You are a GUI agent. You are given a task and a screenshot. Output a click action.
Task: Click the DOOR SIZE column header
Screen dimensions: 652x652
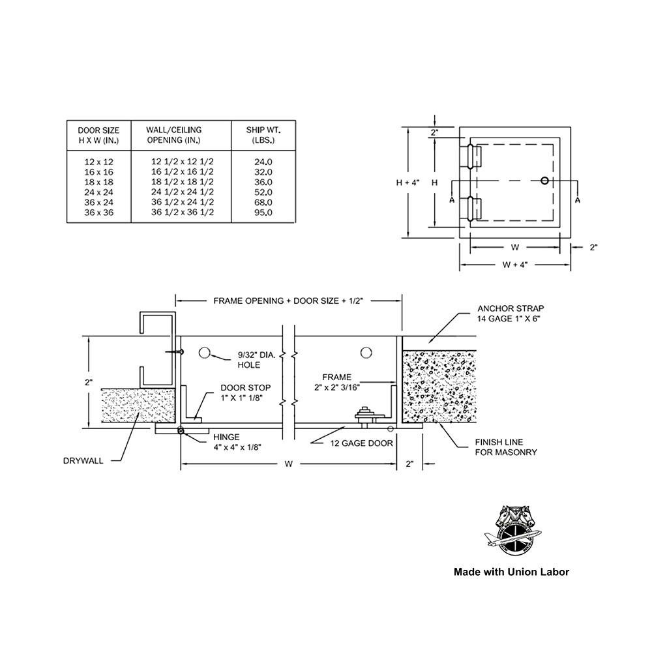click(x=98, y=135)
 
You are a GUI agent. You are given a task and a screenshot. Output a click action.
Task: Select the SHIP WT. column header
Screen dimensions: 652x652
click(x=263, y=135)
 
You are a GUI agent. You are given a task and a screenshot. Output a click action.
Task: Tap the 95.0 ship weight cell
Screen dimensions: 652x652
click(x=263, y=213)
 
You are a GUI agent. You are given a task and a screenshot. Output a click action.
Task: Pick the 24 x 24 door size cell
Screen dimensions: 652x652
click(x=98, y=192)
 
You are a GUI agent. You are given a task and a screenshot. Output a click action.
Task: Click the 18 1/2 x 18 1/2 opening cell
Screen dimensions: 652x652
click(x=182, y=181)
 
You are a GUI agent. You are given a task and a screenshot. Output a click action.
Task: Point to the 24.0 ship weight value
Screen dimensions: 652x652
click(x=263, y=160)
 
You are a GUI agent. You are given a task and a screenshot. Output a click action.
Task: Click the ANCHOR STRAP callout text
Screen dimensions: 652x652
click(x=511, y=313)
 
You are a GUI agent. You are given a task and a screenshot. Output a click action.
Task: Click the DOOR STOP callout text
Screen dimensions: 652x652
click(x=246, y=391)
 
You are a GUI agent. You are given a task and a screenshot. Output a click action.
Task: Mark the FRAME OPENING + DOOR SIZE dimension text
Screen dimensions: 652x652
click(x=288, y=301)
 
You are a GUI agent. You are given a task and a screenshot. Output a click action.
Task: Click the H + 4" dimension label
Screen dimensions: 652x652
click(x=407, y=183)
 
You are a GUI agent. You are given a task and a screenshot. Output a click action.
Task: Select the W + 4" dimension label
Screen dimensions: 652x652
click(x=514, y=265)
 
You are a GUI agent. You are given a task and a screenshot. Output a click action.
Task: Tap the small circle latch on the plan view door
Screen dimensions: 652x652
click(x=545, y=181)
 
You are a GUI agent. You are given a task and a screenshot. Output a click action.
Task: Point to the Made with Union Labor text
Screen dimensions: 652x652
click(x=512, y=572)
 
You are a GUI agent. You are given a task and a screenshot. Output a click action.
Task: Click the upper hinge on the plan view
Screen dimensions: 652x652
click(x=472, y=156)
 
